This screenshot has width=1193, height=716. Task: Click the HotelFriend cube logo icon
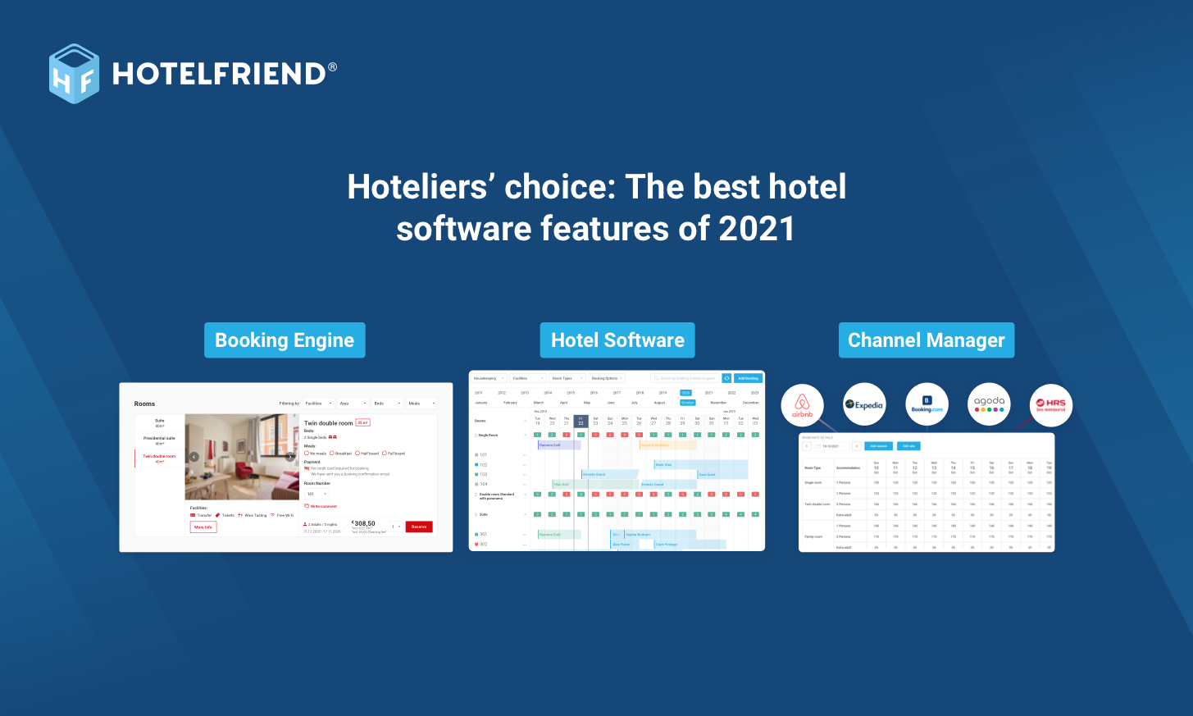[74, 74]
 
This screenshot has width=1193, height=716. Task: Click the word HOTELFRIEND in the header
[219, 74]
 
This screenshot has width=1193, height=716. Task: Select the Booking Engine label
[285, 340]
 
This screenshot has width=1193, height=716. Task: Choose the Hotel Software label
[617, 340]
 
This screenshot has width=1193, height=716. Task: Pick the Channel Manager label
[926, 340]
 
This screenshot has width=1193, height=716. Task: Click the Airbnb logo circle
[802, 405]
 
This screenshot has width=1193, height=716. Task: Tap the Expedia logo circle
[864, 404]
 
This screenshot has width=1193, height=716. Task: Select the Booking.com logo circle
[927, 404]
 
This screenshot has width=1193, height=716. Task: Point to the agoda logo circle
[989, 404]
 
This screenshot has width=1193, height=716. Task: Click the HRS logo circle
[1050, 404]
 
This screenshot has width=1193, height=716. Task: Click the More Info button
[203, 527]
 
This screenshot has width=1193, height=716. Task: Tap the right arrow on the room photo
[289, 457]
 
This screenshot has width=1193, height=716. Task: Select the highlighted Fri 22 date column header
[581, 422]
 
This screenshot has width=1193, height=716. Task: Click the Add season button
[878, 446]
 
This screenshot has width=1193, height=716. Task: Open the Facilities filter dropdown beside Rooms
[318, 404]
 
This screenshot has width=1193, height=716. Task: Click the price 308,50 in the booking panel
[363, 523]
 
